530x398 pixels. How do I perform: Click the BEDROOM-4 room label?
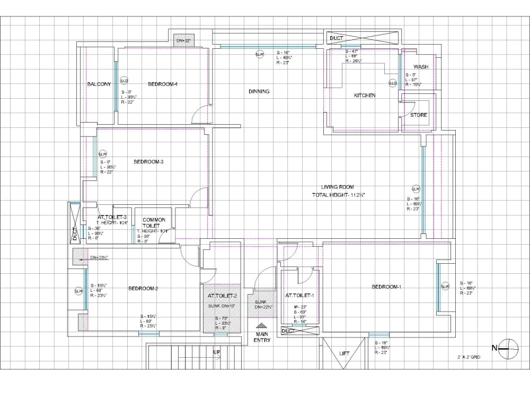[x=162, y=84]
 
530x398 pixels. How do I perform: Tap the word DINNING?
[x=259, y=91]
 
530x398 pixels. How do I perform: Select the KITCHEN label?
[x=365, y=96]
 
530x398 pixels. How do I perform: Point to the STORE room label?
[x=418, y=115]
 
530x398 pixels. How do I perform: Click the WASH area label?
[x=421, y=67]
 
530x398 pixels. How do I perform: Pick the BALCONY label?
[x=99, y=84]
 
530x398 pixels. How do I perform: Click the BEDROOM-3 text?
[x=148, y=162]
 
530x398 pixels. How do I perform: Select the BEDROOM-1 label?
[x=386, y=287]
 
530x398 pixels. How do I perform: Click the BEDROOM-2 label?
[x=143, y=289]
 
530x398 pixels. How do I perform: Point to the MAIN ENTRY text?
[x=262, y=337]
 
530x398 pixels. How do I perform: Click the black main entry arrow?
[x=261, y=326]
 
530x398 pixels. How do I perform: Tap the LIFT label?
[x=344, y=353]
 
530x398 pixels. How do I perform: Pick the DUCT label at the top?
[x=337, y=38]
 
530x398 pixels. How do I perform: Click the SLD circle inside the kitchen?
[x=393, y=83]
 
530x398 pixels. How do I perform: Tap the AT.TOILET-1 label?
[x=299, y=296]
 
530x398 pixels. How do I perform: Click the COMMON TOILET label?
[x=154, y=223]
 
